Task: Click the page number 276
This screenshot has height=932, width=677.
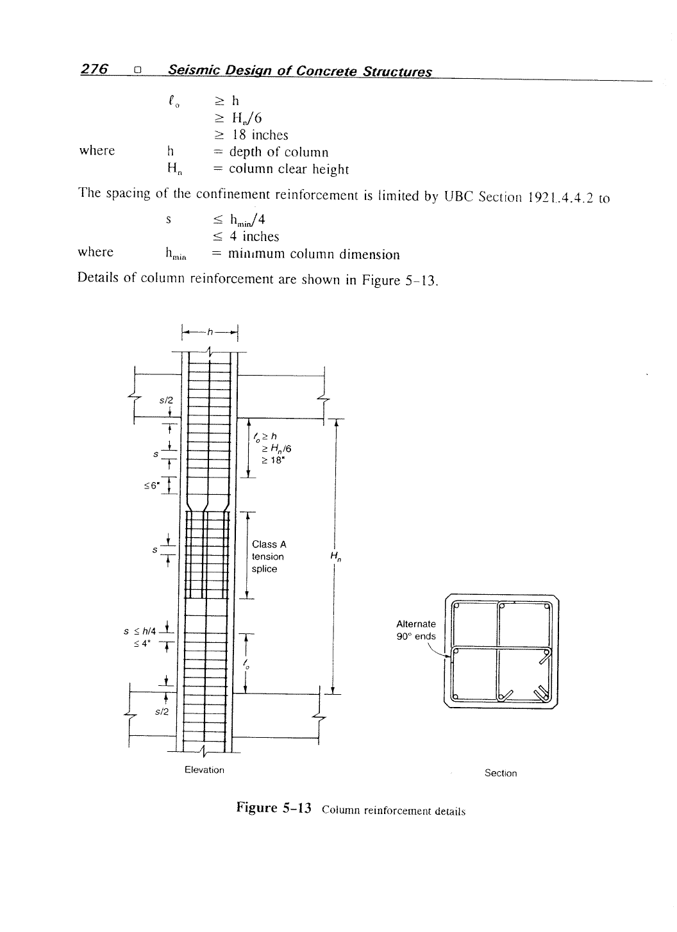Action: tap(94, 69)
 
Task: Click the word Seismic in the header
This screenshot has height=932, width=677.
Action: tap(194, 71)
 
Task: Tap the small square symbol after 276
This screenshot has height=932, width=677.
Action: tap(138, 71)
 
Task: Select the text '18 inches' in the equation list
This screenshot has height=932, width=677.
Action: tap(260, 135)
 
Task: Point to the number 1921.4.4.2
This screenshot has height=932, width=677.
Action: tap(560, 197)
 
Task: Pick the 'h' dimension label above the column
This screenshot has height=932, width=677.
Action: tap(210, 331)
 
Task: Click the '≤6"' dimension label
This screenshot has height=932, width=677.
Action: tap(151, 486)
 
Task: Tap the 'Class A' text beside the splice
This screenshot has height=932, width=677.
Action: tap(269, 544)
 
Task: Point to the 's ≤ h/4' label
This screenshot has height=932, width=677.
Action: tap(140, 631)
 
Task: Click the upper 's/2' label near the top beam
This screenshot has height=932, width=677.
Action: tap(166, 400)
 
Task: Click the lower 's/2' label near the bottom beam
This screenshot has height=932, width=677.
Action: tap(162, 711)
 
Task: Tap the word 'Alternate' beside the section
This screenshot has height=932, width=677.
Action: tap(415, 624)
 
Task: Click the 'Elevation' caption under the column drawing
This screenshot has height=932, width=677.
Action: tap(205, 770)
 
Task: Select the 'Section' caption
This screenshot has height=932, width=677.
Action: tap(501, 773)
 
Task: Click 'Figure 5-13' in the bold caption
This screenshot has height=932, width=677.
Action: tap(273, 808)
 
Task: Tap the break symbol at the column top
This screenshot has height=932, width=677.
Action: tap(210, 351)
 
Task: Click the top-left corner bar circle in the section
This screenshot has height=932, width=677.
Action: tap(456, 606)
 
